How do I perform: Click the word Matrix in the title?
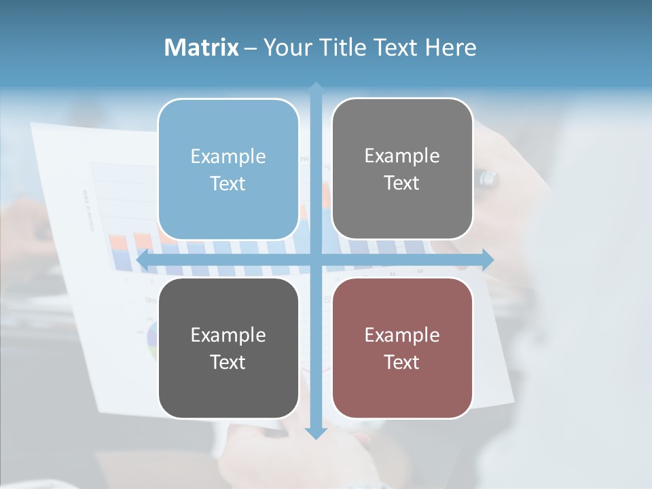[202, 48]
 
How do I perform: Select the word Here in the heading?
[451, 48]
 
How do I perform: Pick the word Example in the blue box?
[228, 156]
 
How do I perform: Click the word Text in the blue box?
[228, 183]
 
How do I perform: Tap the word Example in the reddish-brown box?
[402, 335]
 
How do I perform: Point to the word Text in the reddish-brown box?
[402, 362]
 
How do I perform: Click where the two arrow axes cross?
[316, 259]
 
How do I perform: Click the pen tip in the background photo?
[488, 179]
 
